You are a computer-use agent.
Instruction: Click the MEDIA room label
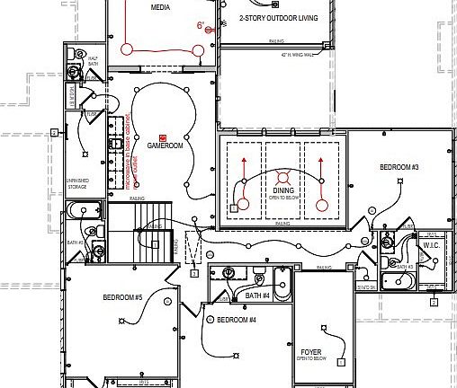pyautogui.click(x=159, y=8)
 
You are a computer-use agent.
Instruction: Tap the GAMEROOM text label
pyautogui.click(x=165, y=145)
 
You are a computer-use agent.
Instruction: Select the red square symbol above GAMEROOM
pyautogui.click(x=163, y=136)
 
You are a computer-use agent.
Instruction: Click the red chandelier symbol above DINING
pyautogui.click(x=283, y=177)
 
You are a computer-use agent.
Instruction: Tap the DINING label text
pyautogui.click(x=283, y=191)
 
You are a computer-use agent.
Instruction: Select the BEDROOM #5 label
pyautogui.click(x=122, y=297)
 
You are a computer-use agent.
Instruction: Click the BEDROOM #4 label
pyautogui.click(x=236, y=320)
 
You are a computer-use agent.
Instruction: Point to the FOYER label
pyautogui.click(x=311, y=351)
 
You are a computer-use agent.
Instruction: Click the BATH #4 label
pyautogui.click(x=257, y=295)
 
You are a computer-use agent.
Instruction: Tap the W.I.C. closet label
pyautogui.click(x=431, y=244)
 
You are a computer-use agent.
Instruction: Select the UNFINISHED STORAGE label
pyautogui.click(x=77, y=183)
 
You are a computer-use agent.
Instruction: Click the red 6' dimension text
pyautogui.click(x=201, y=25)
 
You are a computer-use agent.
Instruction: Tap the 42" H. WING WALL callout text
pyautogui.click(x=301, y=55)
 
